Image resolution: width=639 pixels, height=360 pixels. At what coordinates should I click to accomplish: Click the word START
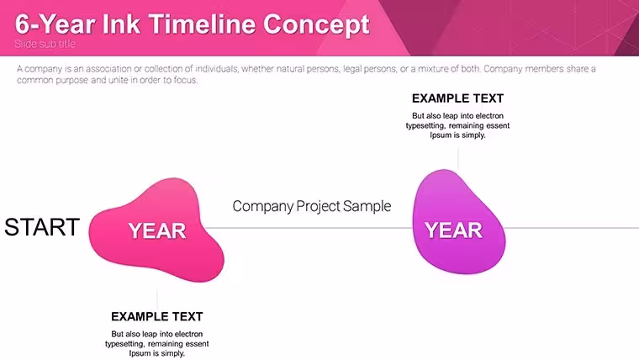point(42,227)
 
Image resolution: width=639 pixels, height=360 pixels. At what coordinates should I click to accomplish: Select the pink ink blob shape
point(156,230)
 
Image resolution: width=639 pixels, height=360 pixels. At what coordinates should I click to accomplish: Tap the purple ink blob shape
point(459,222)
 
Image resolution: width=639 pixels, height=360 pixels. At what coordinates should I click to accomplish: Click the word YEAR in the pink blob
point(157,231)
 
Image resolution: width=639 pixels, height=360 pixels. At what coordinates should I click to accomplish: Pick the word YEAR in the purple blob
point(453,230)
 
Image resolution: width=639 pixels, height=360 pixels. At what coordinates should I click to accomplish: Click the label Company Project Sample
point(312,206)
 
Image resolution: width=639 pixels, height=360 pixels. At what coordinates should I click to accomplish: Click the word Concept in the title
point(316,25)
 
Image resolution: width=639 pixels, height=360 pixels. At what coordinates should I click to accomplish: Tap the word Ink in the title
point(121,24)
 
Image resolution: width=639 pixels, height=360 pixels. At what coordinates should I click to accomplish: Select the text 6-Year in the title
point(55,24)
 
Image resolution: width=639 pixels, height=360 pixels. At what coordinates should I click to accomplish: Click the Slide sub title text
point(45,44)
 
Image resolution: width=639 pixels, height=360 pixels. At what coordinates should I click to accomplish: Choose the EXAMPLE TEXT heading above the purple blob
point(457,98)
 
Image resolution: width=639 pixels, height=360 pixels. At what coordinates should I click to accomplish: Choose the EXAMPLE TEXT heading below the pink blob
point(157,317)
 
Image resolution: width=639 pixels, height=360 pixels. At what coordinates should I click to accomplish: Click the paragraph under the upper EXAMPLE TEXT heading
point(457,125)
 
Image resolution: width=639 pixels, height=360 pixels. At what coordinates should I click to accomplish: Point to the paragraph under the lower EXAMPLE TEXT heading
point(157,344)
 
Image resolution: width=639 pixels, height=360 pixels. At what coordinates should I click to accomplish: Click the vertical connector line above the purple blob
point(458,159)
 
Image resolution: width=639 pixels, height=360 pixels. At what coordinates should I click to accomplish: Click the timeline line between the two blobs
point(308,228)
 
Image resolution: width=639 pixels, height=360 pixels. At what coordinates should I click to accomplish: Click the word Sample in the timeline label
point(367,206)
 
